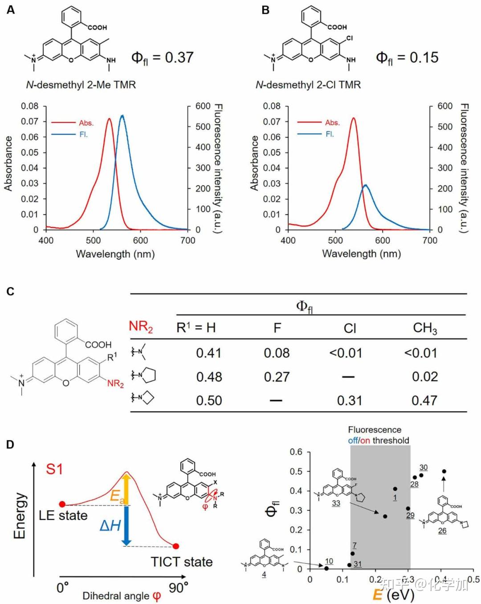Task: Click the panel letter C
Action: (x=10, y=292)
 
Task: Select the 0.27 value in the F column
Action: (x=277, y=377)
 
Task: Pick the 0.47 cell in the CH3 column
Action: (x=424, y=400)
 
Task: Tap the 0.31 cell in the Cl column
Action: (x=349, y=400)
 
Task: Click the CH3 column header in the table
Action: (x=424, y=328)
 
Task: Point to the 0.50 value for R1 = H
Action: (x=209, y=400)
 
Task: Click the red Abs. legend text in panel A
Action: (x=86, y=123)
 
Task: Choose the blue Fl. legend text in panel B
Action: (x=330, y=134)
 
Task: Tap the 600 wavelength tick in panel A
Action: (x=140, y=241)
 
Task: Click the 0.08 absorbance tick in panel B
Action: (x=272, y=106)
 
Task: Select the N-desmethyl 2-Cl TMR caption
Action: (x=308, y=85)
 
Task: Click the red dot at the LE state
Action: (x=62, y=504)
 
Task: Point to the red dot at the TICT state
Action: (x=176, y=546)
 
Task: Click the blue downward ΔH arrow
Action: (x=126, y=526)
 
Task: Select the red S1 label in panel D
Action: (x=54, y=469)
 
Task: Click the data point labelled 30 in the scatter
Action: (x=421, y=475)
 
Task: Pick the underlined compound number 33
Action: (x=336, y=503)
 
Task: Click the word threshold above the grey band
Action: (x=391, y=441)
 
